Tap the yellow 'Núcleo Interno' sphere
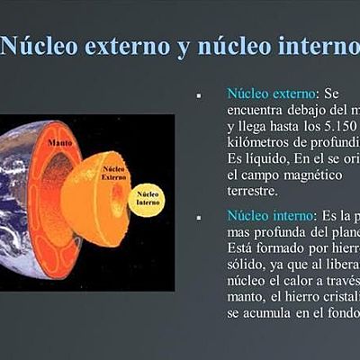[147, 199]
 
